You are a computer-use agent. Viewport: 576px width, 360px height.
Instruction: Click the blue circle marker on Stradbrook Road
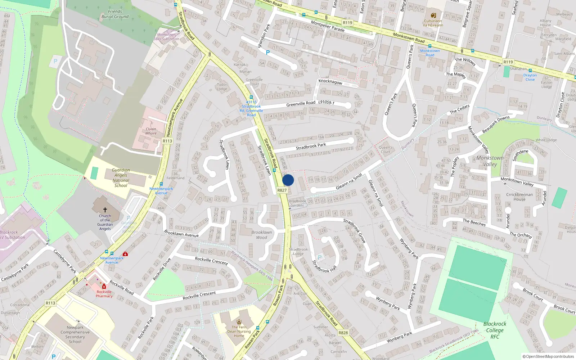click(x=288, y=180)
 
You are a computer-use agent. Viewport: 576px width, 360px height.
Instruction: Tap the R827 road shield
click(x=282, y=190)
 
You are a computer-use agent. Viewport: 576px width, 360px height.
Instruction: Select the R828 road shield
click(x=343, y=333)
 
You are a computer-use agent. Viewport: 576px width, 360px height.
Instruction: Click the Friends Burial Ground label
click(x=115, y=14)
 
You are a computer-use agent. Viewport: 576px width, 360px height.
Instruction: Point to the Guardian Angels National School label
click(x=121, y=178)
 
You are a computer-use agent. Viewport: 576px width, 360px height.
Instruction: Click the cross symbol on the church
click(x=105, y=210)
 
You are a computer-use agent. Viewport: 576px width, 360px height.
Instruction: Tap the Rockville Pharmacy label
click(x=104, y=294)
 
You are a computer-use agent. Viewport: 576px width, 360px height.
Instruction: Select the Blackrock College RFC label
click(x=495, y=330)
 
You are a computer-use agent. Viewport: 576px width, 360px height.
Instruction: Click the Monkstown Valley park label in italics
click(x=490, y=161)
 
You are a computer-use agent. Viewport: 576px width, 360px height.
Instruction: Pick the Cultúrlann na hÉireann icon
click(x=433, y=15)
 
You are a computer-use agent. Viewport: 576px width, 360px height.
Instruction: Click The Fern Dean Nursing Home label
click(x=239, y=332)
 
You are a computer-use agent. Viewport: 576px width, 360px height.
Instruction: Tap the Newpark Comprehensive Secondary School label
click(x=75, y=334)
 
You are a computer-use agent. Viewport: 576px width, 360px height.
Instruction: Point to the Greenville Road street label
click(x=301, y=104)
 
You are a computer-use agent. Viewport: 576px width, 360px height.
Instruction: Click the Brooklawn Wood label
click(x=262, y=235)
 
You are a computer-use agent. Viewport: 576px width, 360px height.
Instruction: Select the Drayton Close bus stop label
click(x=530, y=77)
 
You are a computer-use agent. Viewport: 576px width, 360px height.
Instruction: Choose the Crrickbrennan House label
click(x=519, y=197)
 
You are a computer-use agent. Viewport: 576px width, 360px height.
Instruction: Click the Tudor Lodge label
click(x=222, y=87)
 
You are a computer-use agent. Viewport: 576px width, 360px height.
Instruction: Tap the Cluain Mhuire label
click(x=151, y=131)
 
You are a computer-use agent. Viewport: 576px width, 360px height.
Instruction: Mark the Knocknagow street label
click(x=330, y=82)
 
